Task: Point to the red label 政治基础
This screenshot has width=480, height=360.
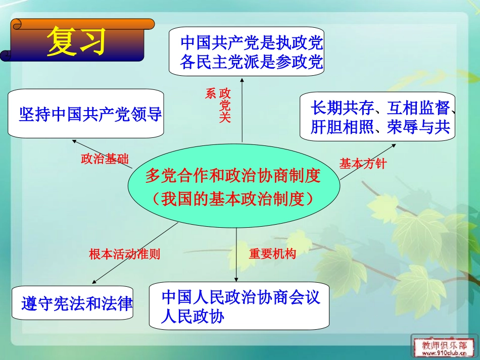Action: tap(105, 160)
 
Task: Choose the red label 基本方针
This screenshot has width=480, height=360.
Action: tap(362, 164)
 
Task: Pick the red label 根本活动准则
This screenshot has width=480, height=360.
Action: tap(124, 254)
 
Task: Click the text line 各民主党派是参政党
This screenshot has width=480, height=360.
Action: tap(251, 63)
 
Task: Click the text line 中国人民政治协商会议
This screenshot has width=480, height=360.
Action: tap(241, 297)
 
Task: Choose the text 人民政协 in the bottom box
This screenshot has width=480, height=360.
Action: tap(193, 317)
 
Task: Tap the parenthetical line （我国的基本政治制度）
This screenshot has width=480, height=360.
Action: tap(233, 198)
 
